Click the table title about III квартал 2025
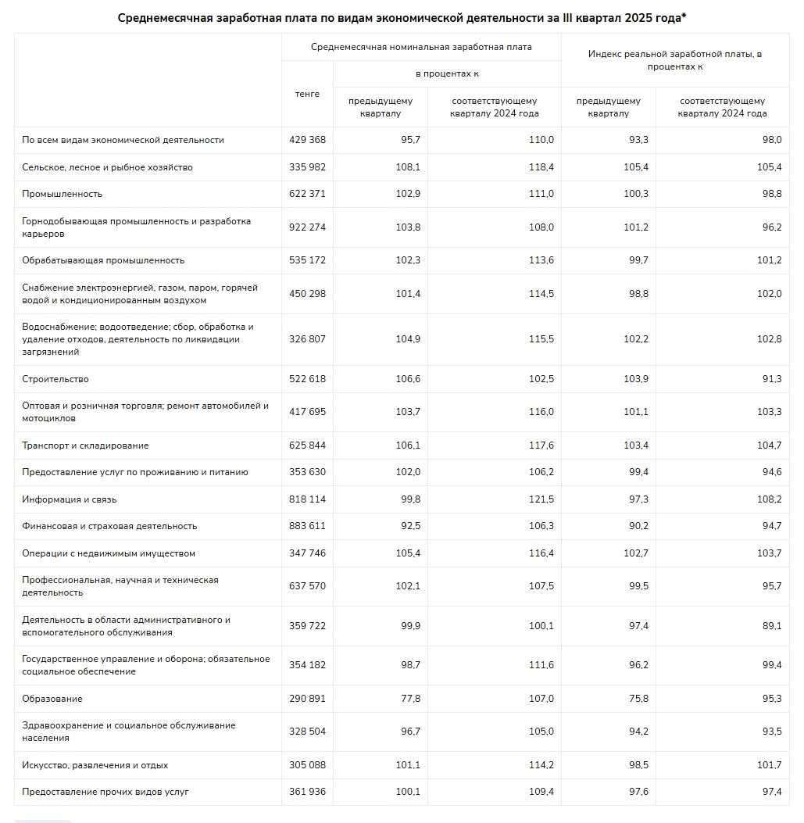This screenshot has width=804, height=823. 402,17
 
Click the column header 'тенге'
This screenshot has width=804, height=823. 307,94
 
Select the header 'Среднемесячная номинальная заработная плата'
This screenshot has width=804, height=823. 421,47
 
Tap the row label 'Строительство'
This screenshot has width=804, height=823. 55,379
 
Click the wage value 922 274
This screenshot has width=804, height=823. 307,227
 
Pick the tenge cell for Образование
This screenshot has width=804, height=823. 307,699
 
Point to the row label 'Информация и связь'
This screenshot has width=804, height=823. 70,499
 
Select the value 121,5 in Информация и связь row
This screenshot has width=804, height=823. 541,499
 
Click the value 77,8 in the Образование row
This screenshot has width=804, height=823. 408,699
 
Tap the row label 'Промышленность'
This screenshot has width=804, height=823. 63,194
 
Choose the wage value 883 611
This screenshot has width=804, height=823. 307,526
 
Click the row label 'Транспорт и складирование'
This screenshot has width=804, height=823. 85,445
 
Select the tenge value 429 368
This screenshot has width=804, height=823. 307,140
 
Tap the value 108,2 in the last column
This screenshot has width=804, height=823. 769,499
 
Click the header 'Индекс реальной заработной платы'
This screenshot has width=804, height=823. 675,60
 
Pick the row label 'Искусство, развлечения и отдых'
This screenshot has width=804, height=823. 95,765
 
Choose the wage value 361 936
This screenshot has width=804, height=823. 307,792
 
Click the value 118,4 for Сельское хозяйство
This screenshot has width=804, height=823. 541,167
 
